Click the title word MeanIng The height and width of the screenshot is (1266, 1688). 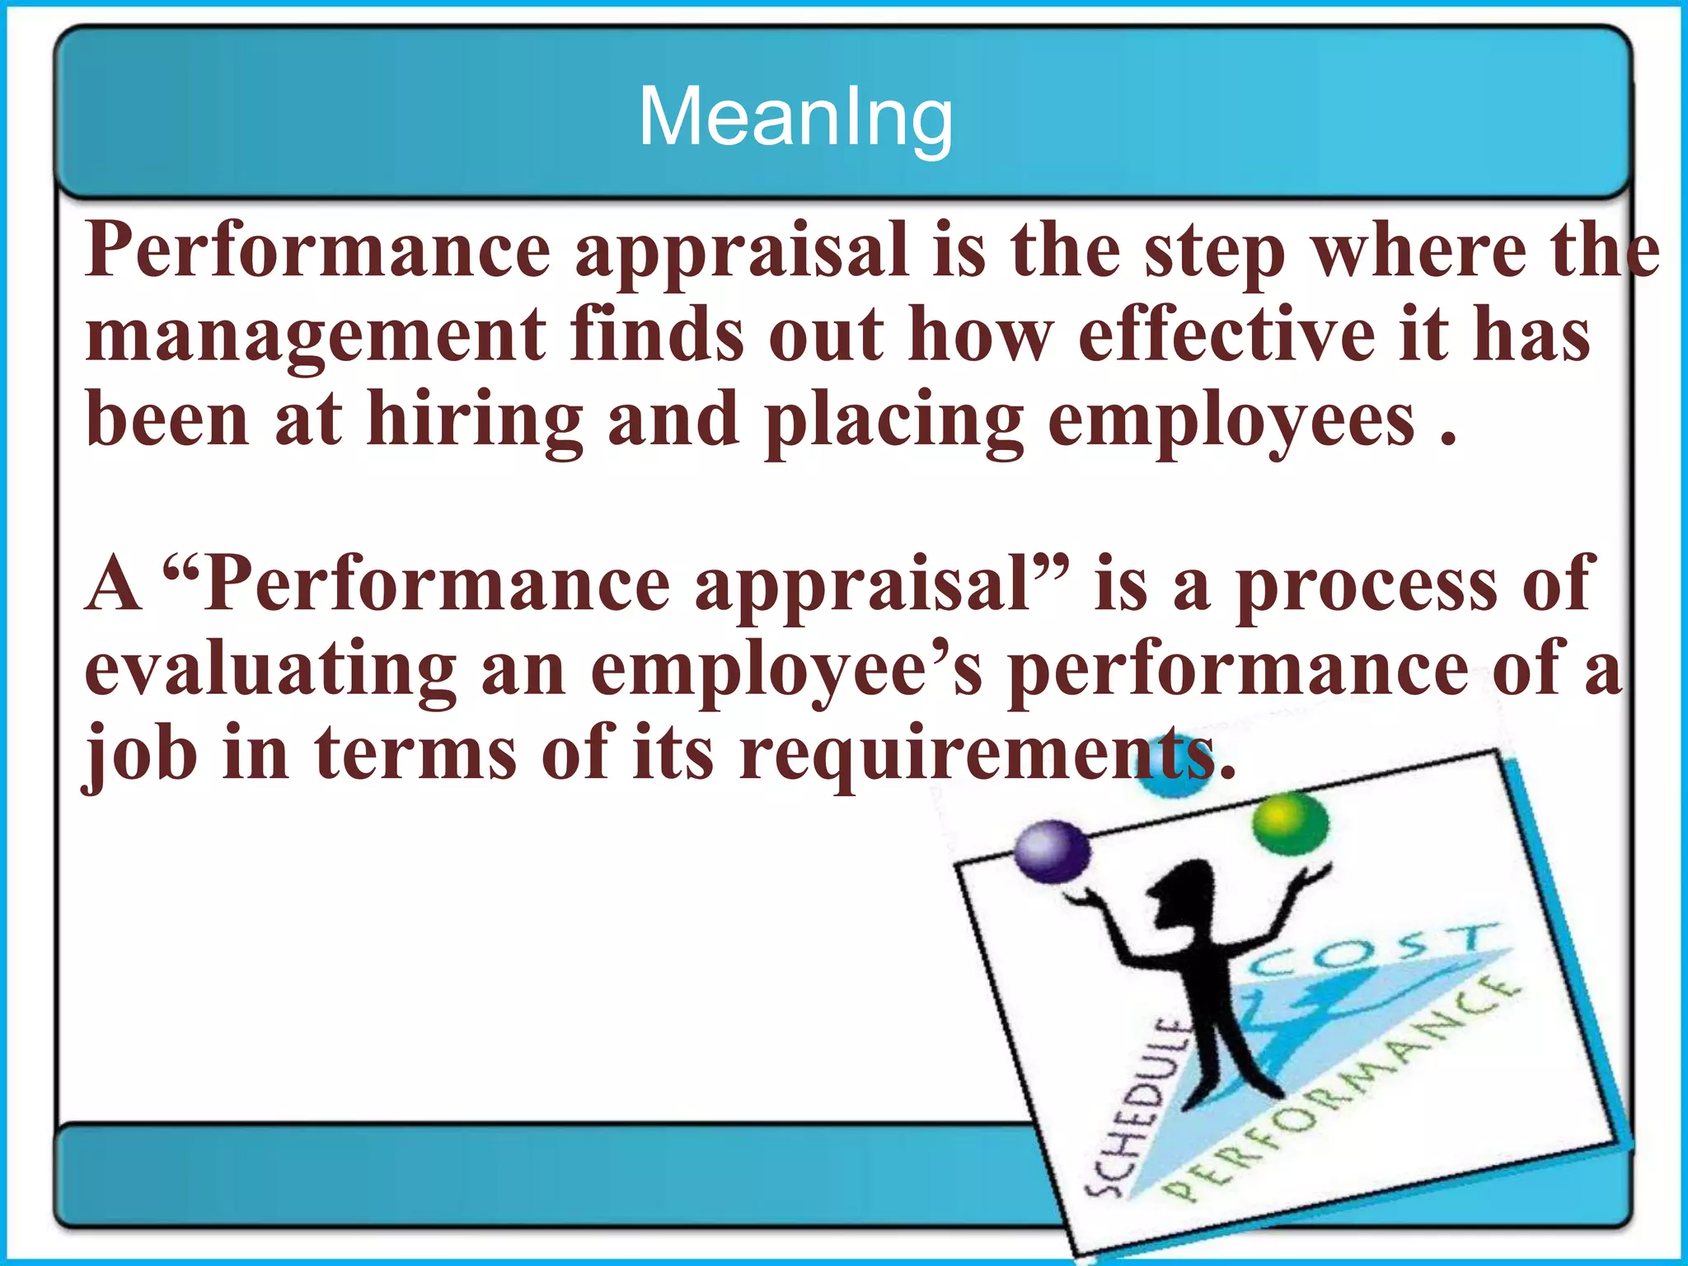coord(795,117)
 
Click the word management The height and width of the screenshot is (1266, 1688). coord(316,334)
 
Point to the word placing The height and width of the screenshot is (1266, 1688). coord(893,420)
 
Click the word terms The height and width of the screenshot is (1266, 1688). coord(415,752)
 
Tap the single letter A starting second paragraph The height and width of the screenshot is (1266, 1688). coord(113,584)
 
